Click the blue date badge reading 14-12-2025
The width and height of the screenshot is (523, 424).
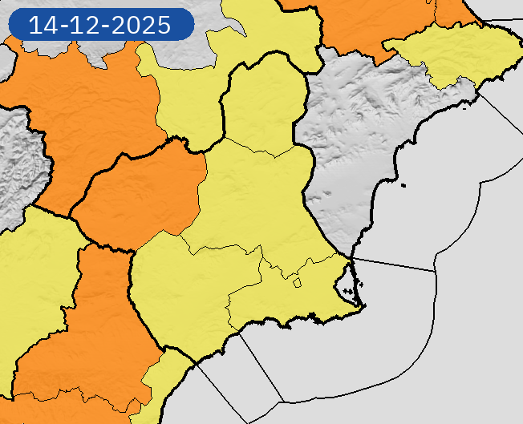click(101, 25)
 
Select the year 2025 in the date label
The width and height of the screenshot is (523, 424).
click(141, 25)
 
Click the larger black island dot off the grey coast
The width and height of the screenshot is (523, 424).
click(405, 187)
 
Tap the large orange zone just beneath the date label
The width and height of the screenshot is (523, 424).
click(88, 104)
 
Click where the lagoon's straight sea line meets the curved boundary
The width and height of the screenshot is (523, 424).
click(436, 272)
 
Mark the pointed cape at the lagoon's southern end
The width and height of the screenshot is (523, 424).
click(360, 305)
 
